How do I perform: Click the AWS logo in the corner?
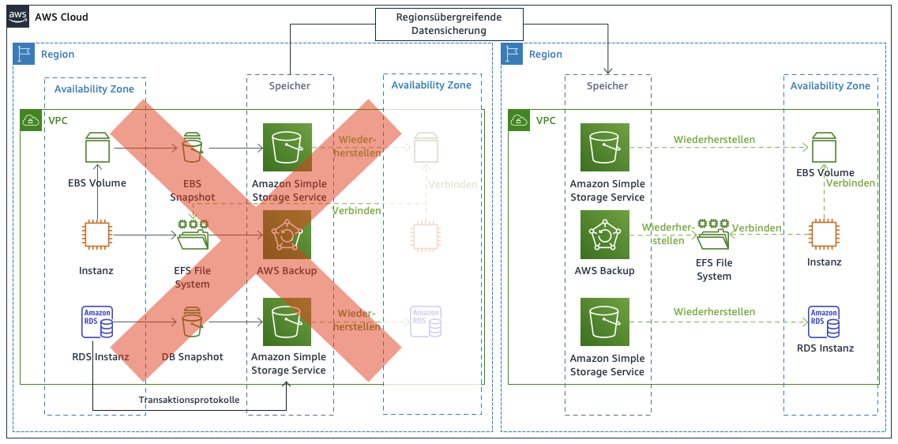(18, 17)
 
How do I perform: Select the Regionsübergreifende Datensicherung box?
(449, 24)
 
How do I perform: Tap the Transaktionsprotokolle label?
(189, 400)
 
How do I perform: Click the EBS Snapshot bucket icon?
(192, 148)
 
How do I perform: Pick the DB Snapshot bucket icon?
(192, 322)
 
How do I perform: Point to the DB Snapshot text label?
(192, 357)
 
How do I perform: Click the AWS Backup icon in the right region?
(605, 235)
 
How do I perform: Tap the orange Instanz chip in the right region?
(824, 235)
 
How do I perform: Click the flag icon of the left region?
(24, 54)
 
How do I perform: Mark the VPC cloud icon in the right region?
(518, 121)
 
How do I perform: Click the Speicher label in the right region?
(607, 85)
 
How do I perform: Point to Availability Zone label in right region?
(830, 85)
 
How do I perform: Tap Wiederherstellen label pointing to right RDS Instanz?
(714, 312)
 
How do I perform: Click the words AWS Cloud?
(62, 17)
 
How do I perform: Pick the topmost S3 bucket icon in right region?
(605, 148)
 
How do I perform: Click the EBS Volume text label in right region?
(825, 172)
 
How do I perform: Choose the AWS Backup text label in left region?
(287, 271)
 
